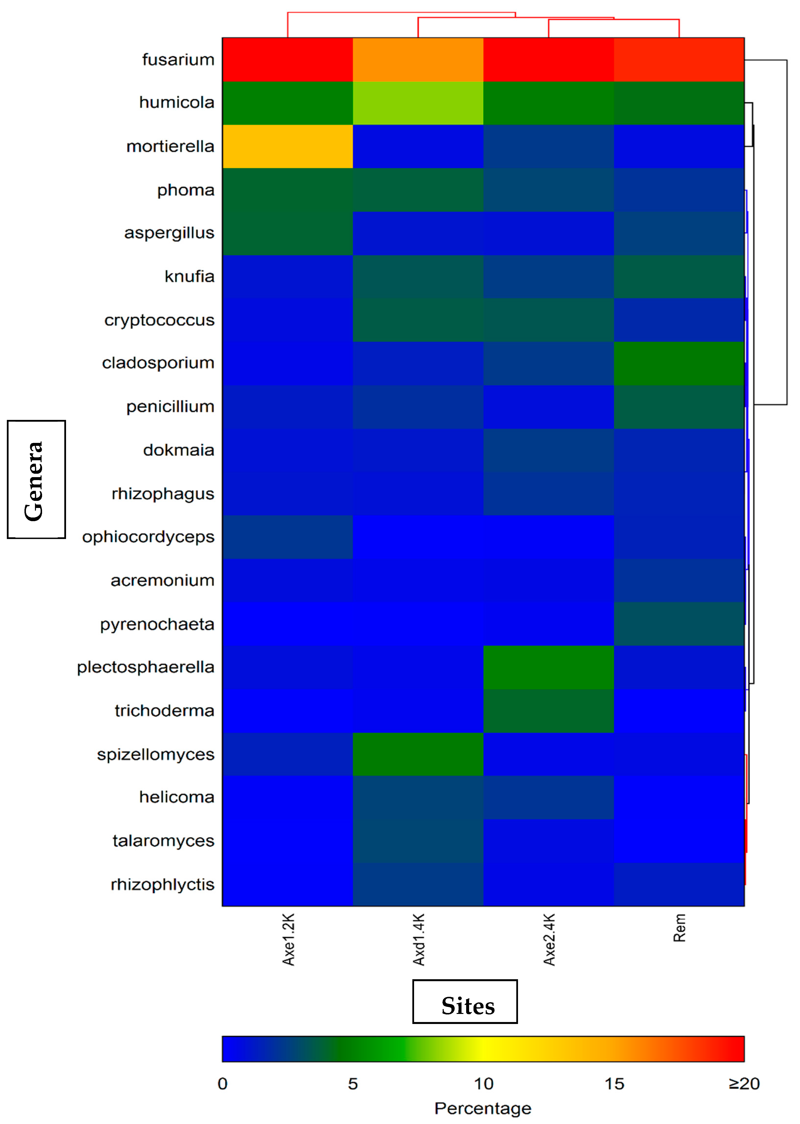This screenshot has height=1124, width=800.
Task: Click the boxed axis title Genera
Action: pyautogui.click(x=36, y=479)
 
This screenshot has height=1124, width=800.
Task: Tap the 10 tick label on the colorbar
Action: pyautogui.click(x=483, y=1084)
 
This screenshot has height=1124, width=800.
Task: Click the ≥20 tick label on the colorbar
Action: pyautogui.click(x=744, y=1084)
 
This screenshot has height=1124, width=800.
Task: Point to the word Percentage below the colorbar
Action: pyautogui.click(x=483, y=1108)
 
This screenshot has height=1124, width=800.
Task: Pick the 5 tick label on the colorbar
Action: pyautogui.click(x=353, y=1084)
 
